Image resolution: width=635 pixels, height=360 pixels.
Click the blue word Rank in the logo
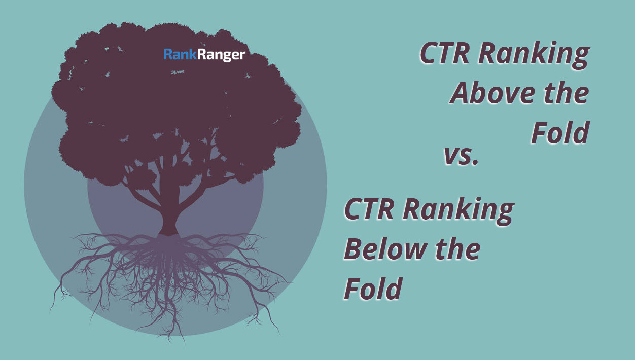[x=180, y=54]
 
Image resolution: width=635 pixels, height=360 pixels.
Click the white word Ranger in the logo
[x=221, y=55]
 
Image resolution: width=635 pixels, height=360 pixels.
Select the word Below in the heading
[x=385, y=249]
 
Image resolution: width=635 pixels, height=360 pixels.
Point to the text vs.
[x=461, y=156]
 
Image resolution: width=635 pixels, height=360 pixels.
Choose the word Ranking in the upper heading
[x=534, y=55]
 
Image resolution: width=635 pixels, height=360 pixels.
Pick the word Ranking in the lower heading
[x=458, y=211]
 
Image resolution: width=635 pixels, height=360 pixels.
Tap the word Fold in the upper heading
[x=560, y=132]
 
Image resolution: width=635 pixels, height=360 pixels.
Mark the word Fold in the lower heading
[x=373, y=289]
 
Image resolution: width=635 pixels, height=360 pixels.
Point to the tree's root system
[x=169, y=280]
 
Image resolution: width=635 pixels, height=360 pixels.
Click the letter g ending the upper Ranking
[x=580, y=58]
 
